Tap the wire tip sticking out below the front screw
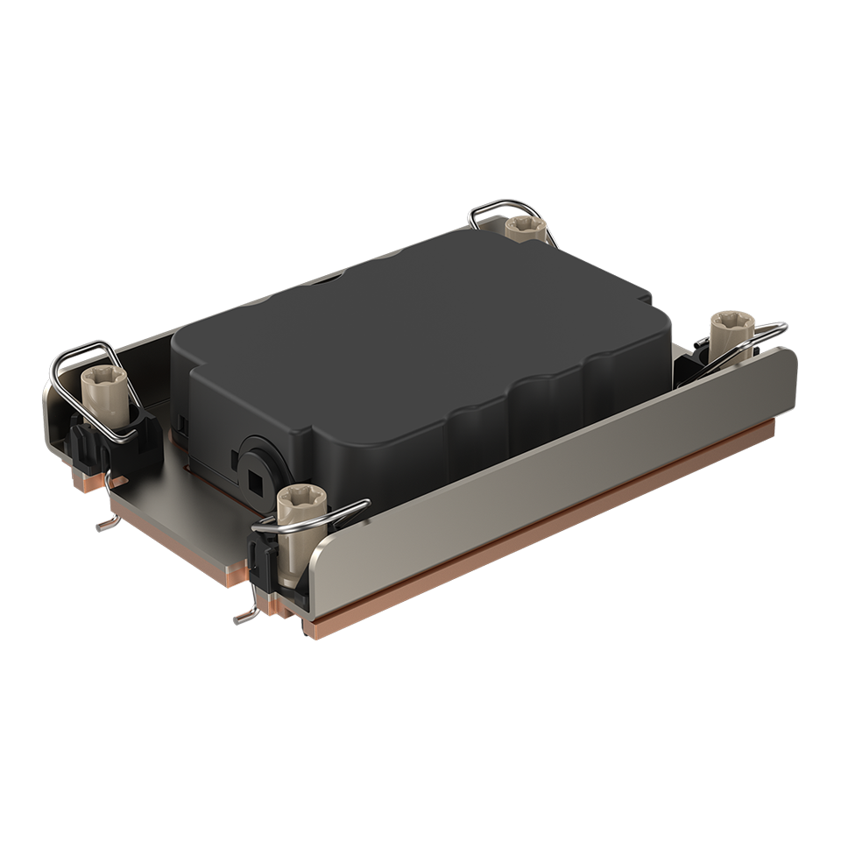point(245,617)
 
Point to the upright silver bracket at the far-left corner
point(54,412)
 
